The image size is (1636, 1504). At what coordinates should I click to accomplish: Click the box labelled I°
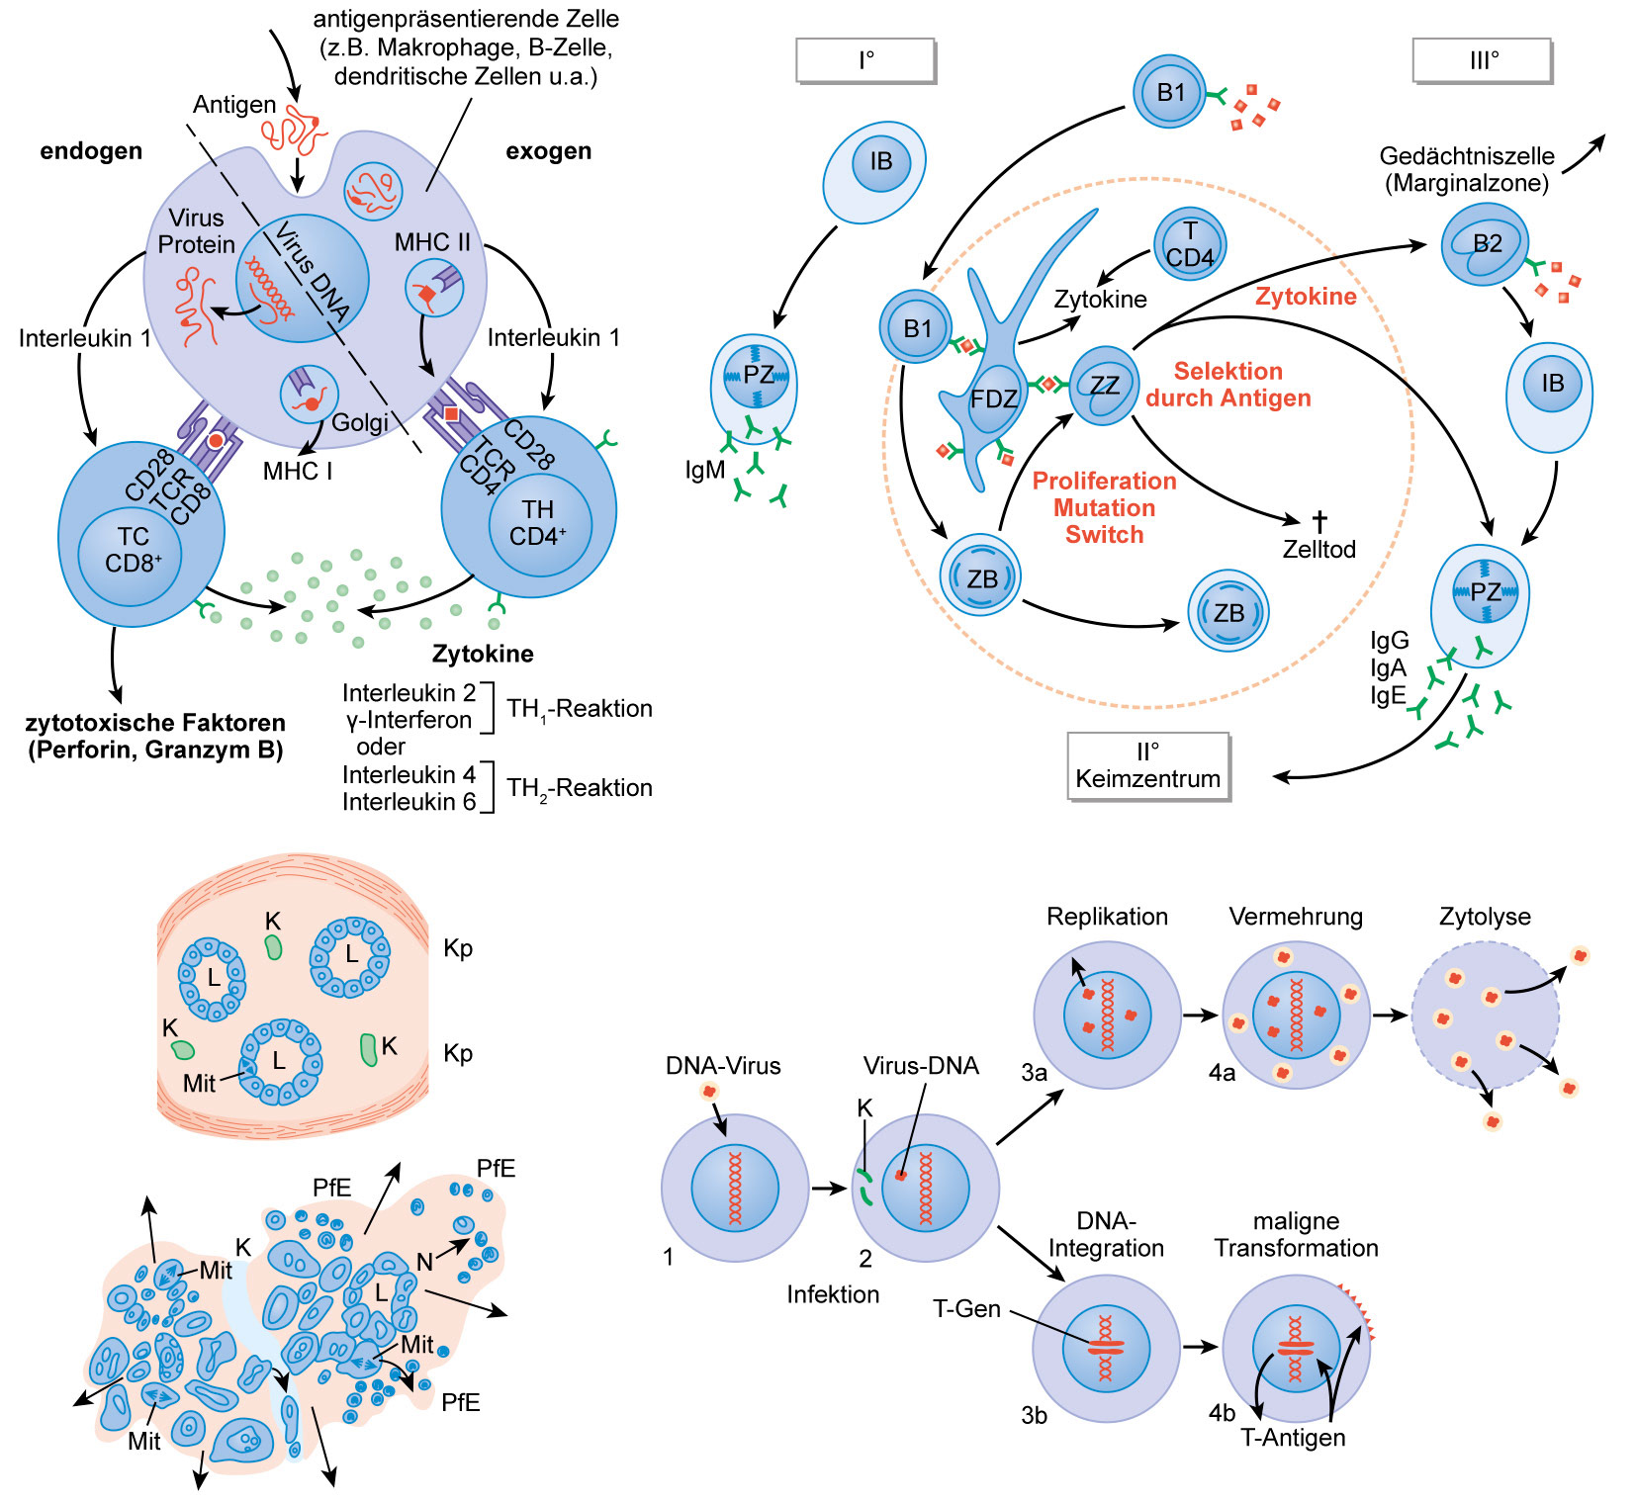pyautogui.click(x=865, y=60)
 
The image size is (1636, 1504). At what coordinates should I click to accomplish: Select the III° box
pyautogui.click(x=1483, y=60)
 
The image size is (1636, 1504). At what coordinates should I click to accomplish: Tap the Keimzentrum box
pyautogui.click(x=1147, y=765)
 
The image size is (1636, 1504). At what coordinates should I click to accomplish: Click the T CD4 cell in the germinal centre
pyautogui.click(x=1190, y=244)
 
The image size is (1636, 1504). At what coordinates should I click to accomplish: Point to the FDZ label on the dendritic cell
pyautogui.click(x=993, y=399)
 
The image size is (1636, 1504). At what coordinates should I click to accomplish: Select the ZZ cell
pyautogui.click(x=1104, y=385)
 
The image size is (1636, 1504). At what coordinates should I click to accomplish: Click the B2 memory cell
pyautogui.click(x=1486, y=244)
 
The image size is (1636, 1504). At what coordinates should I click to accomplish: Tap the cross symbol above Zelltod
pyautogui.click(x=1318, y=521)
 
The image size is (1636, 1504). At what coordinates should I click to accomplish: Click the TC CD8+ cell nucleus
pyautogui.click(x=133, y=550)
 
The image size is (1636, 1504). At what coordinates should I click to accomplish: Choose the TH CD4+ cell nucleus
pyautogui.click(x=538, y=523)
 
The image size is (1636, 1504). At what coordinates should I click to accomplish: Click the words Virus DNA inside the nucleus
pyautogui.click(x=313, y=272)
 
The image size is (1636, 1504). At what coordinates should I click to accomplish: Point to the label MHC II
pyautogui.click(x=432, y=242)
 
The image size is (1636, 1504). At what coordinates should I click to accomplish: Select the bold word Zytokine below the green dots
pyautogui.click(x=483, y=654)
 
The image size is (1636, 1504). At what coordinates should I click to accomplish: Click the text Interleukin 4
pyautogui.click(x=409, y=774)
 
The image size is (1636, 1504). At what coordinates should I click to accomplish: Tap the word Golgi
pyautogui.click(x=359, y=423)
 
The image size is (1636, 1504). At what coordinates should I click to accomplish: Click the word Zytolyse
pyautogui.click(x=1485, y=917)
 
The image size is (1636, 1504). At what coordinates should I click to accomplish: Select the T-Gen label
pyautogui.click(x=966, y=1309)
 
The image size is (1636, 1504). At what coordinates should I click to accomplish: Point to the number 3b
pyautogui.click(x=1034, y=1416)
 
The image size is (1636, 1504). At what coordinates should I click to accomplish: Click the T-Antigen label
pyautogui.click(x=1293, y=1438)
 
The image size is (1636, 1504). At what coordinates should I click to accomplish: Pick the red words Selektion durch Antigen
pyautogui.click(x=1228, y=385)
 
